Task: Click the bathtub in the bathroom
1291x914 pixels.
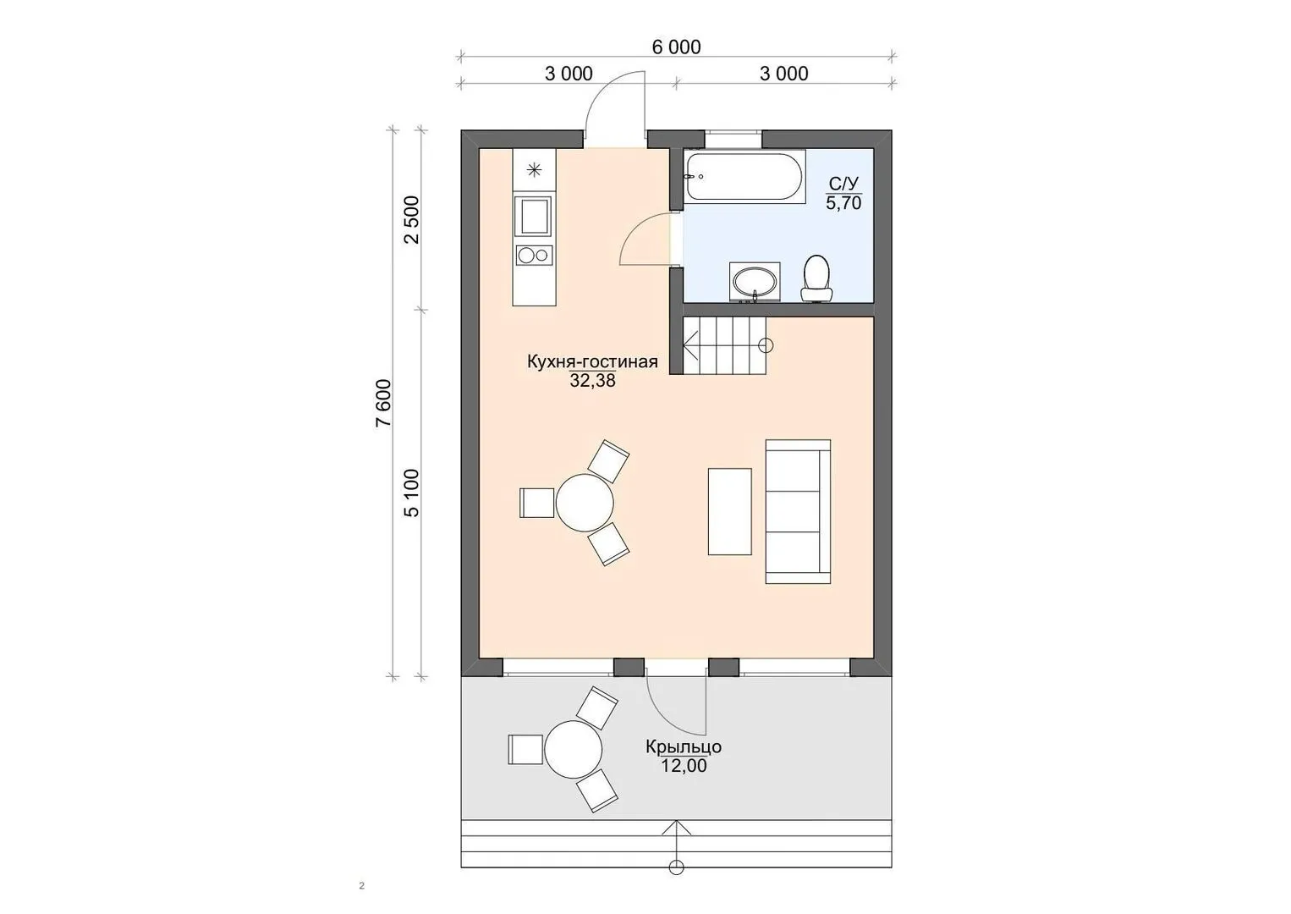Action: (x=744, y=177)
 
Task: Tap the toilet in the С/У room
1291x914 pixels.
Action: (x=816, y=278)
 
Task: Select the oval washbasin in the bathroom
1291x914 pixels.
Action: (x=755, y=283)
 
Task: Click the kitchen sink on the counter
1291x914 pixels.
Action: (x=535, y=216)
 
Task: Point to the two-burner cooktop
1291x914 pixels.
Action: (x=535, y=255)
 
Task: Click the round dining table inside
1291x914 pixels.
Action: (x=585, y=503)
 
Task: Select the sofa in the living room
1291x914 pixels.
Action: (x=799, y=511)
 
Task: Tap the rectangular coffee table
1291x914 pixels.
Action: (x=729, y=511)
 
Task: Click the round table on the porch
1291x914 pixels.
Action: (x=573, y=749)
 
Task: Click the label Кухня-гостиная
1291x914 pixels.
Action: (x=592, y=361)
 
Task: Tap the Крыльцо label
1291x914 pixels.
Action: (x=684, y=746)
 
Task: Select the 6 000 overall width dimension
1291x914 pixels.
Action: (x=677, y=47)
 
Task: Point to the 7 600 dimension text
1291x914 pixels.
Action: (x=384, y=403)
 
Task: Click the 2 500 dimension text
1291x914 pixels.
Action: (x=413, y=220)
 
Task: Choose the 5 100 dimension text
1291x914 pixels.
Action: (x=413, y=493)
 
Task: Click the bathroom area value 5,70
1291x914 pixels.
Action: (x=843, y=203)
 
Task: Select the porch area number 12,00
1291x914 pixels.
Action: (x=684, y=766)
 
